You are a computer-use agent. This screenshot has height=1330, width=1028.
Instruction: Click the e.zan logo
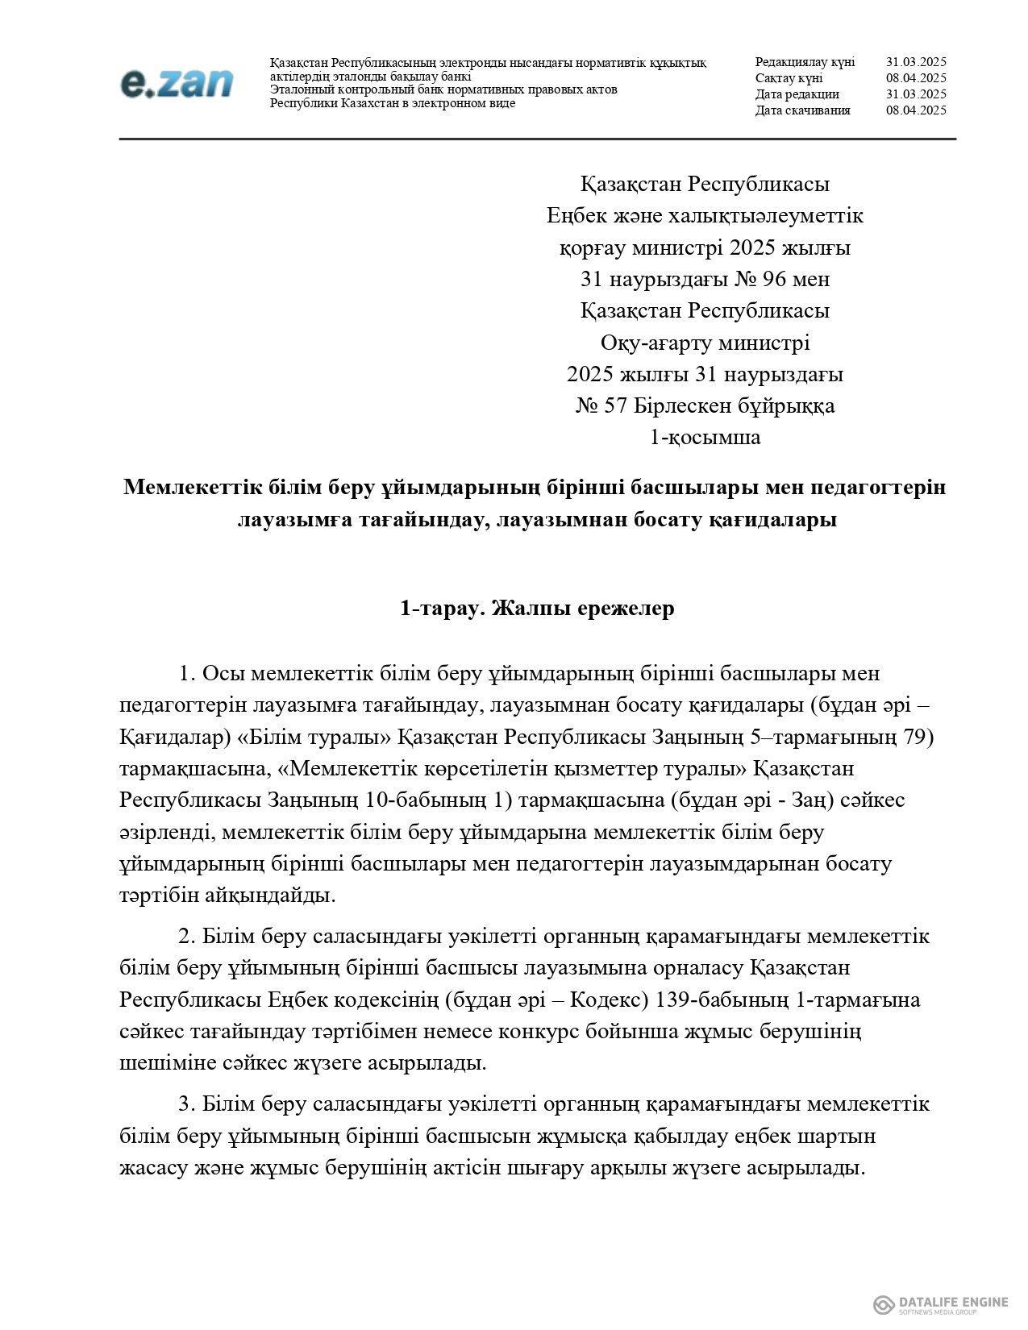(x=177, y=83)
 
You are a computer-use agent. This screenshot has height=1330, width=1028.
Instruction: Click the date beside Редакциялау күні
(x=915, y=62)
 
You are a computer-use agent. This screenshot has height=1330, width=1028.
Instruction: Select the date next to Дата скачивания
(x=915, y=110)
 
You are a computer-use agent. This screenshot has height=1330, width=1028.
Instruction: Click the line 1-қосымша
(x=705, y=438)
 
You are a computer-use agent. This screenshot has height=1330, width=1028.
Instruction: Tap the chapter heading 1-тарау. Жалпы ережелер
(x=537, y=609)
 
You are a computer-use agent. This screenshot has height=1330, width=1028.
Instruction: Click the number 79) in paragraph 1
(x=918, y=737)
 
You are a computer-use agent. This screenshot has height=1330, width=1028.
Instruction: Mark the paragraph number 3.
(x=186, y=1104)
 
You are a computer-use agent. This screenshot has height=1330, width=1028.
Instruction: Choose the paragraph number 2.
(x=186, y=937)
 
